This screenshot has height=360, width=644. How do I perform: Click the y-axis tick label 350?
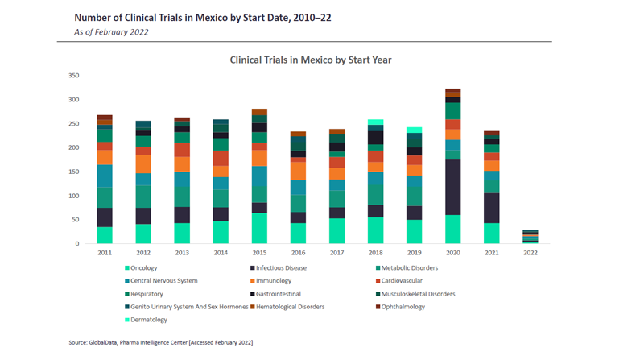(73, 76)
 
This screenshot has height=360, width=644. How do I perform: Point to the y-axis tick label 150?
(73, 172)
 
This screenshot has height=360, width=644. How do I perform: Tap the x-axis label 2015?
(259, 253)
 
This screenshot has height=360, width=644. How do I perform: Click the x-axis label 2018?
(375, 253)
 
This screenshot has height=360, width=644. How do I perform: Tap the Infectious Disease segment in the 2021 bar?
(491, 209)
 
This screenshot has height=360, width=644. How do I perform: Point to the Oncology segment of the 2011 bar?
(105, 235)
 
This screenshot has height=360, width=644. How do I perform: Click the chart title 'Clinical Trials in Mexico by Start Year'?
(311, 60)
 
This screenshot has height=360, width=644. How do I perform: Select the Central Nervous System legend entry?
(164, 281)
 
